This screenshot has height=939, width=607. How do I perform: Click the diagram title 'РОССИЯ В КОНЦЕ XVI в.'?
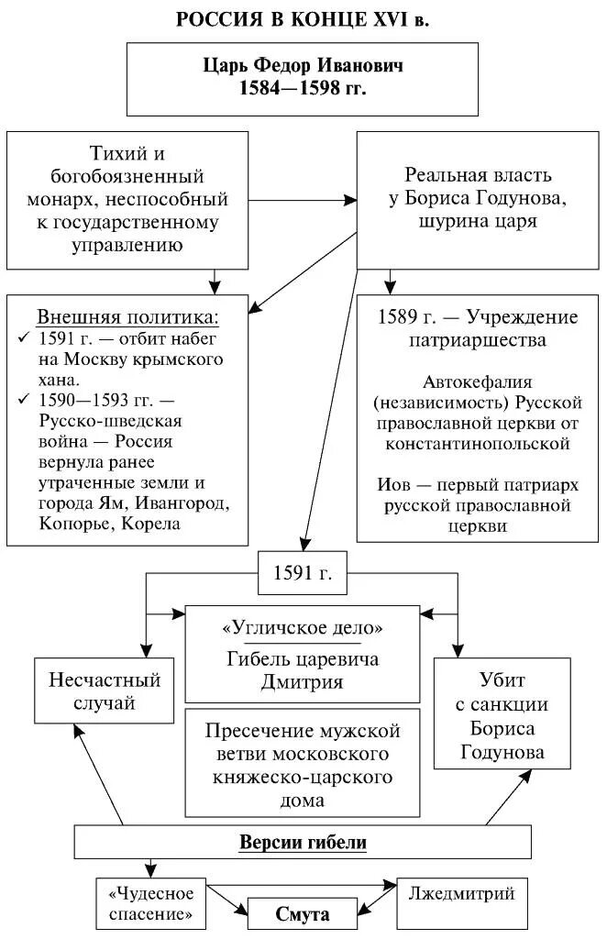(x=303, y=19)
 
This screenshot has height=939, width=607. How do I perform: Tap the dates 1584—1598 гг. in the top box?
(x=302, y=89)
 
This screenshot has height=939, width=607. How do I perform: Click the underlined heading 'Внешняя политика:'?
(x=127, y=317)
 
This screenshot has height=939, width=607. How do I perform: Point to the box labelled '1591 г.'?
(x=302, y=573)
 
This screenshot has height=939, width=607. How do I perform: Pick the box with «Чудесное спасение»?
(x=152, y=903)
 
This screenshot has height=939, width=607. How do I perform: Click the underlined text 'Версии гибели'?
(x=303, y=843)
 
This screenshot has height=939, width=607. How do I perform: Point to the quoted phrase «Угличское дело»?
(x=303, y=628)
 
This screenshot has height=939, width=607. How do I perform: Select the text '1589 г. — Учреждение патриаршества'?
(x=478, y=328)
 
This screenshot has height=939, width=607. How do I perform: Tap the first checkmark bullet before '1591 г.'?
(x=24, y=338)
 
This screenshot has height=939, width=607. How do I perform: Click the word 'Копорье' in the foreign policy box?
(x=74, y=524)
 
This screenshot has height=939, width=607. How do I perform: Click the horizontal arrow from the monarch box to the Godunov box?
(x=302, y=199)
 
